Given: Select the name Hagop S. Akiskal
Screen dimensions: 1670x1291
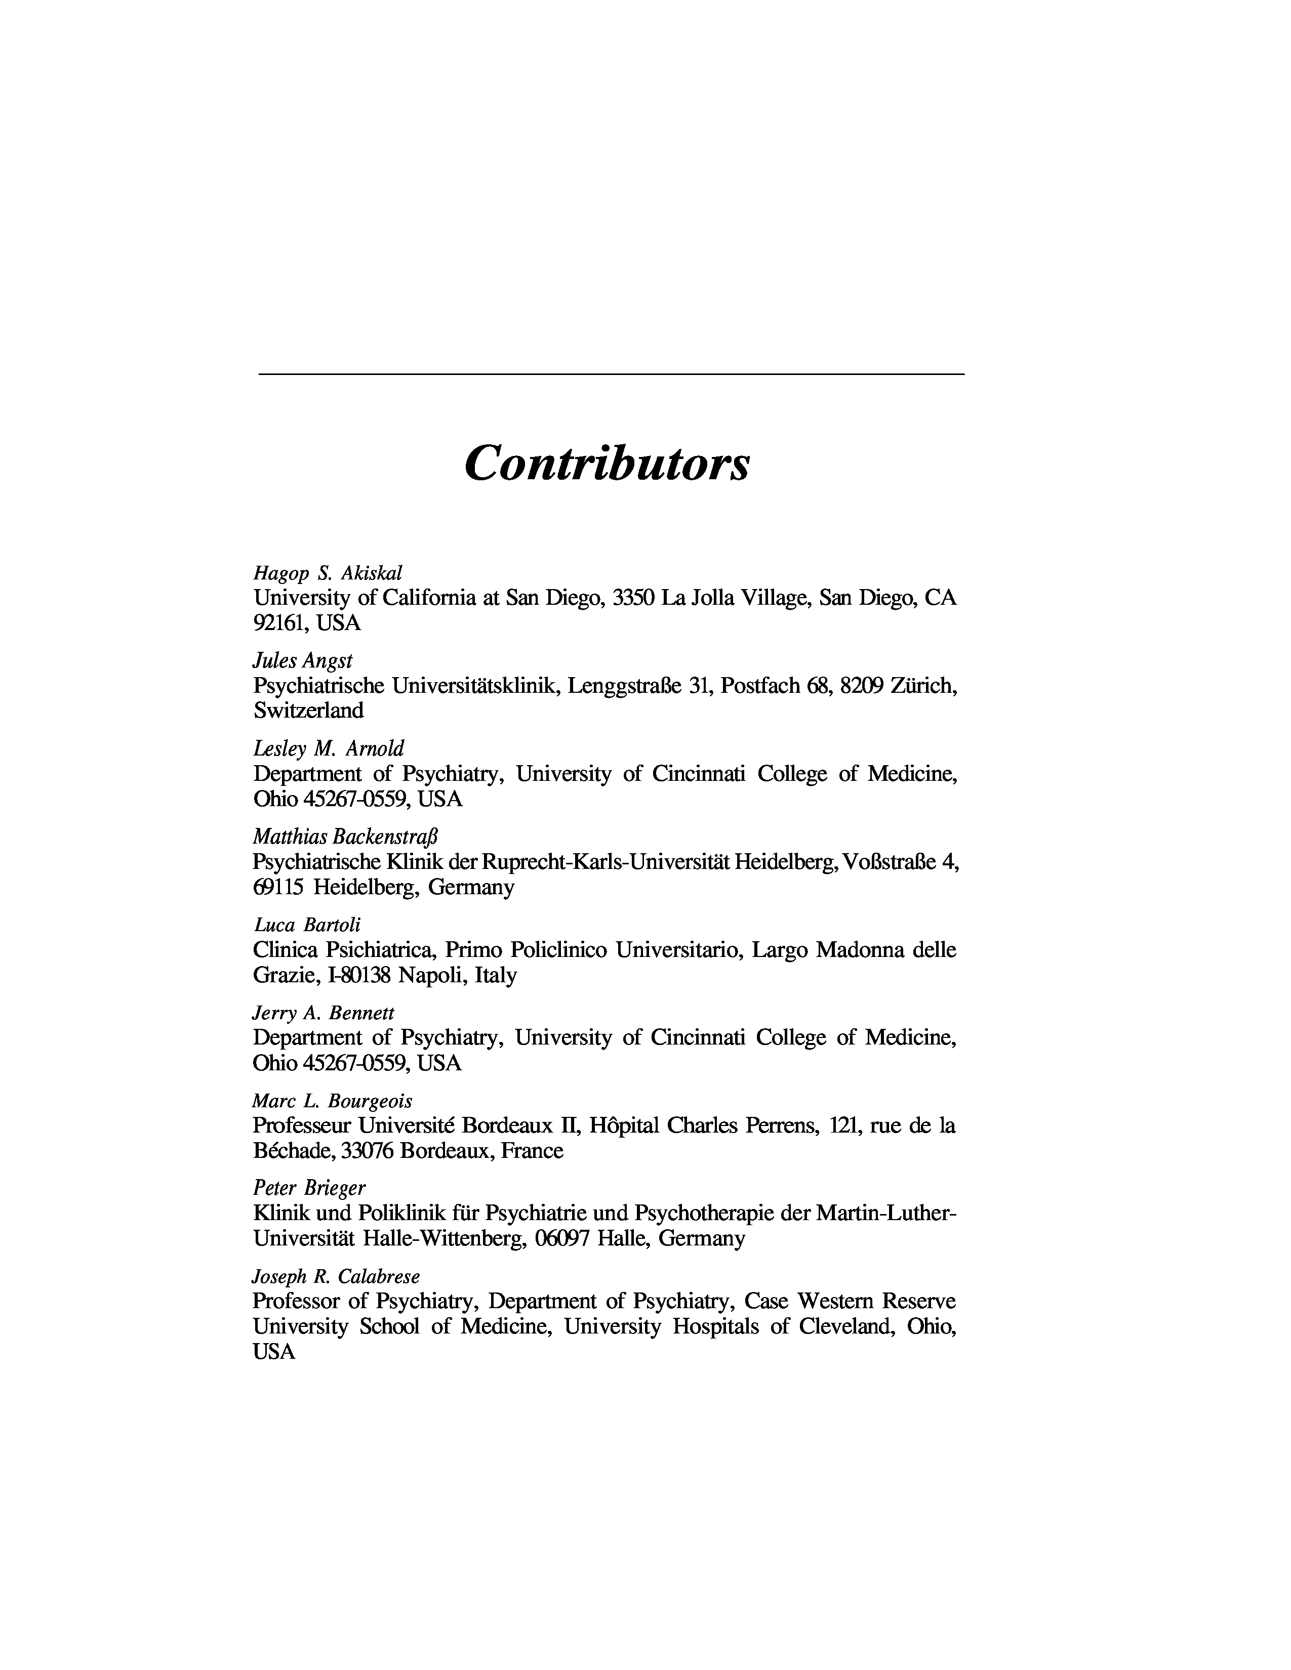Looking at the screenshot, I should (328, 573).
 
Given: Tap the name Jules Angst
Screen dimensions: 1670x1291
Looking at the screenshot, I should (303, 660).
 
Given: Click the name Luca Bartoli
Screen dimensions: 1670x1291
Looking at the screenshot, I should (307, 925).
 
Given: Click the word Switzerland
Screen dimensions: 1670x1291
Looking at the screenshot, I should (308, 711).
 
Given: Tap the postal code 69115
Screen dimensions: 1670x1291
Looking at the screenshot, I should (278, 887).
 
